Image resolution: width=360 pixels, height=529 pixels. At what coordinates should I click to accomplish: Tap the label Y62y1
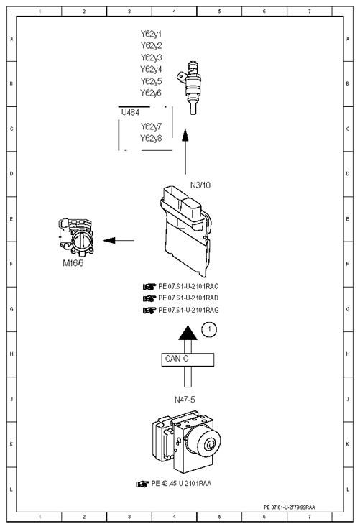point(151,34)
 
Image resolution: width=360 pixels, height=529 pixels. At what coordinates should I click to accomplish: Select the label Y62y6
point(151,93)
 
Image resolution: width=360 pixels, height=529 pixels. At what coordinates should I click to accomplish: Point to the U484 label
point(130,112)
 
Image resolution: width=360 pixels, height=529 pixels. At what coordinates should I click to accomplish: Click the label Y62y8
point(151,138)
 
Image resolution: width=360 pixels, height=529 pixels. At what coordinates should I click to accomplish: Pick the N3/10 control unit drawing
point(185,231)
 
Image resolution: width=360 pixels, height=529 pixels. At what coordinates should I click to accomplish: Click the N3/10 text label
point(200,185)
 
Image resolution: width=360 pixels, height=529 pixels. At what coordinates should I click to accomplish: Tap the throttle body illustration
point(76,237)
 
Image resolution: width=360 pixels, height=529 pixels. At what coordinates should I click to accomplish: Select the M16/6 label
point(73,263)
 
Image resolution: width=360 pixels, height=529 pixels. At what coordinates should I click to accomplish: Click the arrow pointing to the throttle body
point(119,241)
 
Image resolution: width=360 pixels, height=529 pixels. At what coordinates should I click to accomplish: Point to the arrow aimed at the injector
point(185,151)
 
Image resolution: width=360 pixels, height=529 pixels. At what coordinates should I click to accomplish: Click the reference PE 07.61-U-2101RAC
point(188,287)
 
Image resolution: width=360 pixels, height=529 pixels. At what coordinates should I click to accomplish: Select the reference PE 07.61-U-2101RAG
point(188,310)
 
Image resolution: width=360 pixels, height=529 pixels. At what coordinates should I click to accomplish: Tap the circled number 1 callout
point(209,329)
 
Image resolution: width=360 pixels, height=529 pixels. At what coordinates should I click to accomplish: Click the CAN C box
point(188,359)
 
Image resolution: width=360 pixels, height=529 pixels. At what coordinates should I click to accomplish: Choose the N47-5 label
point(185,400)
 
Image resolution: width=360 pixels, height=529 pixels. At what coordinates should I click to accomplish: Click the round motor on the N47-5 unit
point(205,443)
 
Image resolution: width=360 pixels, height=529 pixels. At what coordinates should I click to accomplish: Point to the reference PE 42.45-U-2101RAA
point(181,484)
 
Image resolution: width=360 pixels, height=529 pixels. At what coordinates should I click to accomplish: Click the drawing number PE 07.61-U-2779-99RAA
point(290,507)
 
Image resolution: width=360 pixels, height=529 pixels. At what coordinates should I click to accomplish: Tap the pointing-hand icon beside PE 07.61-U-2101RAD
point(149,298)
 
